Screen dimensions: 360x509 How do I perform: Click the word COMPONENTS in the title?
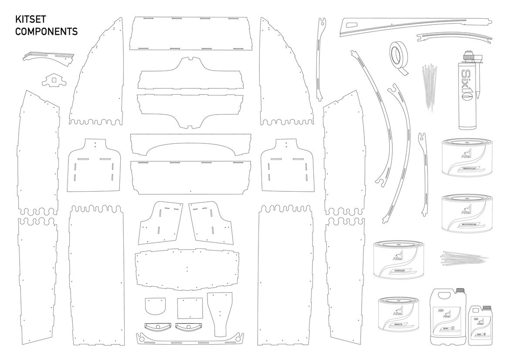47,32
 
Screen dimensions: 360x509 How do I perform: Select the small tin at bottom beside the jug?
397,314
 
